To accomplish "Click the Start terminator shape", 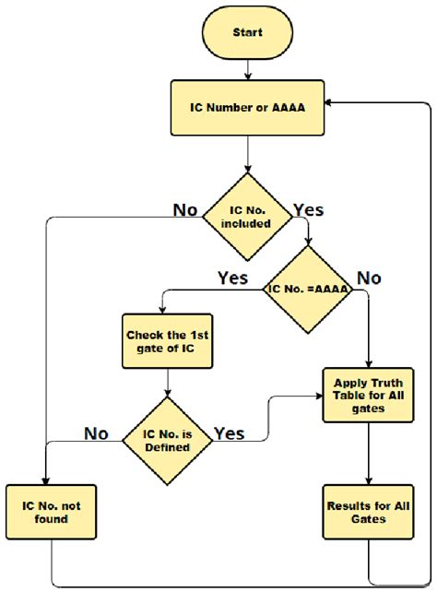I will [x=247, y=32].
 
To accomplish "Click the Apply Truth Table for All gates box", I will [x=369, y=396].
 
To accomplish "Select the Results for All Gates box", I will [x=369, y=512].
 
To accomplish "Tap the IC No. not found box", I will [x=44, y=512].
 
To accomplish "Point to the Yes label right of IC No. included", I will [x=308, y=209].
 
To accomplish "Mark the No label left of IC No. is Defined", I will [x=97, y=432].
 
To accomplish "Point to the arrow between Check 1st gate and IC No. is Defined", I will [x=167, y=383].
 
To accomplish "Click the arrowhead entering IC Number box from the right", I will [x=330, y=105].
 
